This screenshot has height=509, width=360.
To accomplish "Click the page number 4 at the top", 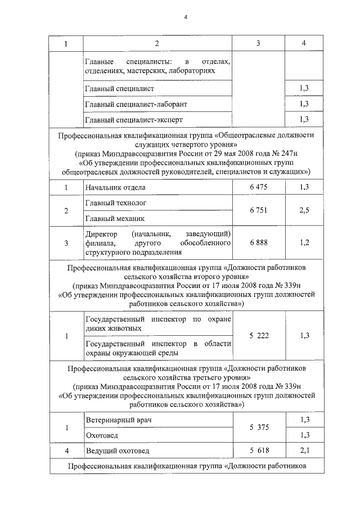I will coord(185,16).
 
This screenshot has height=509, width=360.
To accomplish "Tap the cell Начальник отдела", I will coord(115,187).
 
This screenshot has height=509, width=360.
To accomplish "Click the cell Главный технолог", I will coord(114,202).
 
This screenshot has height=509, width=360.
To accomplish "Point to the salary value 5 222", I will coord(259,336).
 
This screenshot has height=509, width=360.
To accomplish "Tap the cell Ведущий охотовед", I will coord(116,451).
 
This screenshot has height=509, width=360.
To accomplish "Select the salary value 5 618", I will coord(259,451).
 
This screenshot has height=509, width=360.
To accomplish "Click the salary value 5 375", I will coord(259,427).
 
